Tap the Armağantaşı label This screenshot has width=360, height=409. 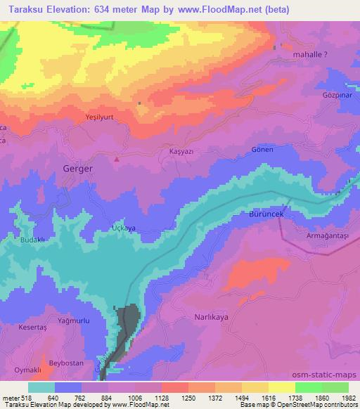pyautogui.click(x=323, y=238)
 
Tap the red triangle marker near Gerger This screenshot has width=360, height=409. pyautogui.click(x=117, y=159)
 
